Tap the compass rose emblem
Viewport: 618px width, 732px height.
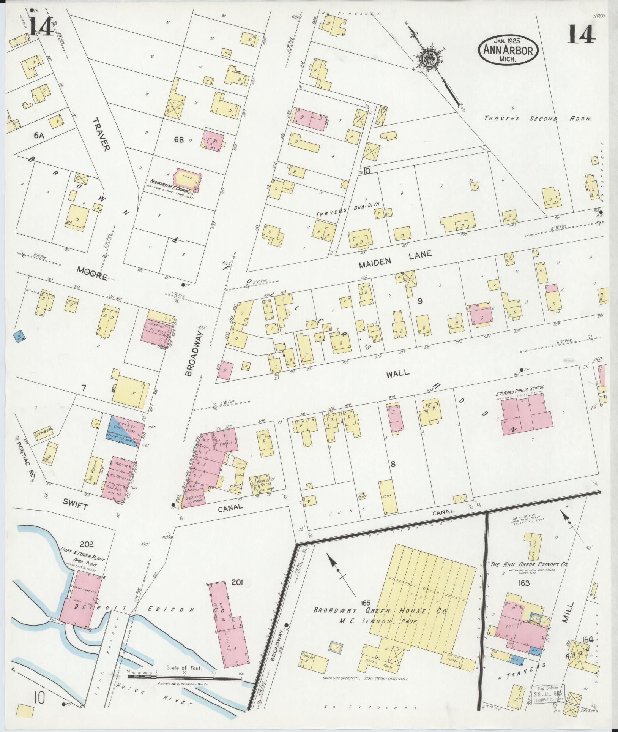click(x=429, y=59)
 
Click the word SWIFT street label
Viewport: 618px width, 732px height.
click(x=76, y=506)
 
